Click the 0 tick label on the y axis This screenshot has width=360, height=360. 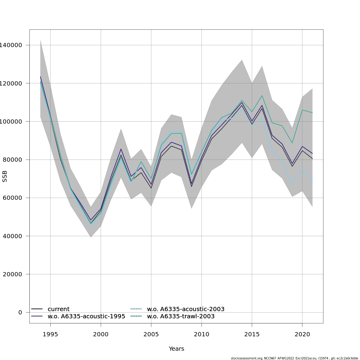[20, 312]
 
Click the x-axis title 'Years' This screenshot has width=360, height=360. [176, 349]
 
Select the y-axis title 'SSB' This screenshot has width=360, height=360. [4, 176]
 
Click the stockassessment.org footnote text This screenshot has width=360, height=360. [294, 358]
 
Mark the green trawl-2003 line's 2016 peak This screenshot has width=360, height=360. [262, 96]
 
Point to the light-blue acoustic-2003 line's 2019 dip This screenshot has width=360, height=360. [292, 185]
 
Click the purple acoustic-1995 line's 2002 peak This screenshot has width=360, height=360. [121, 149]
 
